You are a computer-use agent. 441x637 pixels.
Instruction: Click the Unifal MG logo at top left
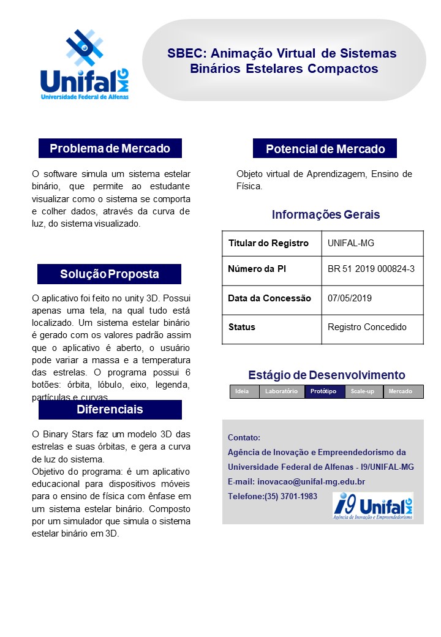(85, 65)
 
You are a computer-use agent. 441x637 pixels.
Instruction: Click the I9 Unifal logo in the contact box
(372, 506)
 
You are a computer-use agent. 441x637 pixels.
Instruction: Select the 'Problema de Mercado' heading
(110, 148)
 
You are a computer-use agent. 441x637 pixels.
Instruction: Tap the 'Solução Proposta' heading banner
(109, 274)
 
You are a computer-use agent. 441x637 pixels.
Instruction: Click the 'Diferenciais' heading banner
(110, 409)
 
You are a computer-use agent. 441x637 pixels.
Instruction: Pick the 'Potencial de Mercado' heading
(325, 149)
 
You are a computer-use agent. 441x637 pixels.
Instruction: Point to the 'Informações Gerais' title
(325, 215)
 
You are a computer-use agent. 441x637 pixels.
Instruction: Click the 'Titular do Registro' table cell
(268, 243)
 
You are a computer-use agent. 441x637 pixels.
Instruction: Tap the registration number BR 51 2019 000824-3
(371, 269)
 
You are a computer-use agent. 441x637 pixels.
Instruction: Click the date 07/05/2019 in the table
(350, 298)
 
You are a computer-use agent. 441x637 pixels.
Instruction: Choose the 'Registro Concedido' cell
(367, 327)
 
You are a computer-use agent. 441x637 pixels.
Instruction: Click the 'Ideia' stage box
(243, 391)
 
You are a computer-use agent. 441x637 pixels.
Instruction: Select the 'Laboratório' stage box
(281, 391)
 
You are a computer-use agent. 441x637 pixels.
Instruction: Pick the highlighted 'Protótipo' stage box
(323, 391)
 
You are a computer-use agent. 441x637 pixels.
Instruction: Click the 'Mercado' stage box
(401, 391)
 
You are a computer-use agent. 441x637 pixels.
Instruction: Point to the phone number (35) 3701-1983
(291, 496)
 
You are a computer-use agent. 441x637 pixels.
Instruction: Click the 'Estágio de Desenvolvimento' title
(326, 375)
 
